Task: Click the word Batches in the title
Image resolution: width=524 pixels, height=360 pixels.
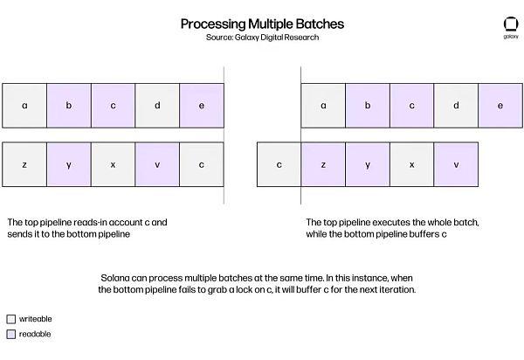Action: click(320, 24)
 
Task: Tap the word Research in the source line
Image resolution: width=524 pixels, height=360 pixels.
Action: click(302, 37)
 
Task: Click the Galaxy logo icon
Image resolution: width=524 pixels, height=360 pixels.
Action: click(511, 24)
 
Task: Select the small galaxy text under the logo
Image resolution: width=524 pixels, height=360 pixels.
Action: click(511, 37)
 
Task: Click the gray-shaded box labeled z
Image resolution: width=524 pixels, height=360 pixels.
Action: click(24, 164)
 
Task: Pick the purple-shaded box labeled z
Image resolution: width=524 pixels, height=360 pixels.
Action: click(323, 164)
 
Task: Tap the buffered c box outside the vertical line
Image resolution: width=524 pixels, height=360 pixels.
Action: click(279, 164)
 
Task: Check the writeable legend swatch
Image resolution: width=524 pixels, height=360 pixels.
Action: click(11, 319)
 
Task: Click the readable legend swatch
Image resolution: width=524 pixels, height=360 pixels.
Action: click(11, 335)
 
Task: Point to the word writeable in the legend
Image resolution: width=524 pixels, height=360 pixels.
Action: click(36, 319)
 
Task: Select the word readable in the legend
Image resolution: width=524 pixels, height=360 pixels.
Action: click(35, 334)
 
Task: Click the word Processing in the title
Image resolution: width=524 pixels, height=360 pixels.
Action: click(213, 24)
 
